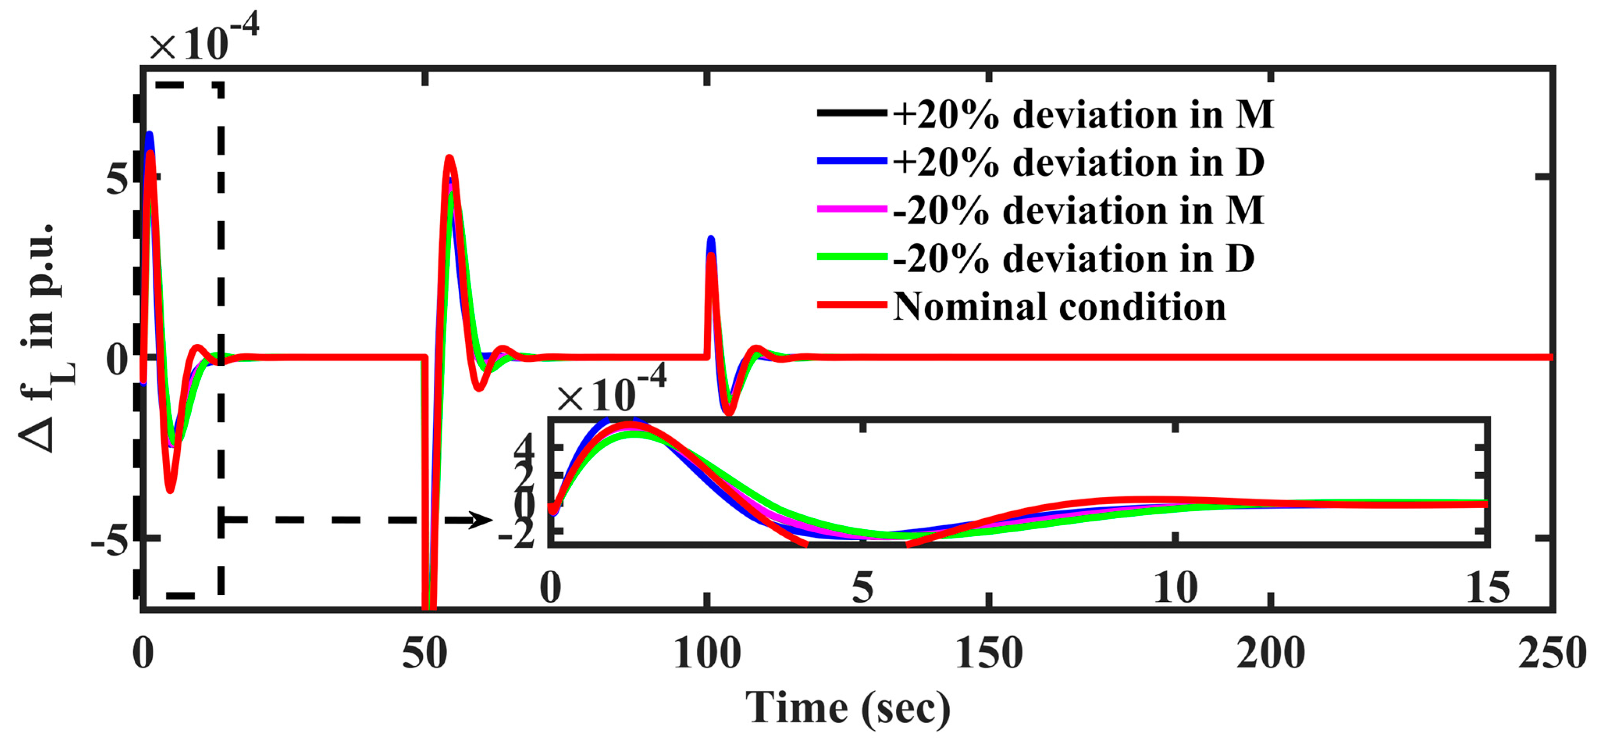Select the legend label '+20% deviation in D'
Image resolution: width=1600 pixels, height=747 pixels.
[1078, 163]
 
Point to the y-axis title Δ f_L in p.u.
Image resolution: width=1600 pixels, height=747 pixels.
[46, 338]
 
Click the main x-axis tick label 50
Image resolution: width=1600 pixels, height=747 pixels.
[424, 654]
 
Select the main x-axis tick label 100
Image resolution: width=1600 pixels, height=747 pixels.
[707, 654]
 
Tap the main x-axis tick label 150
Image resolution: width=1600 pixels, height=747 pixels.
[989, 654]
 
